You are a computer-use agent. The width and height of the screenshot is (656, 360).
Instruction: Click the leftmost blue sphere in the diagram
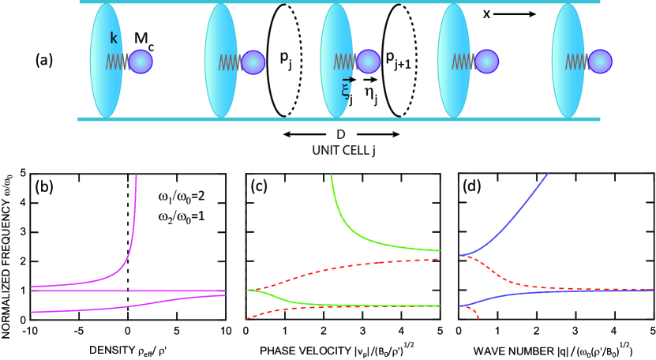[x=142, y=61]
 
